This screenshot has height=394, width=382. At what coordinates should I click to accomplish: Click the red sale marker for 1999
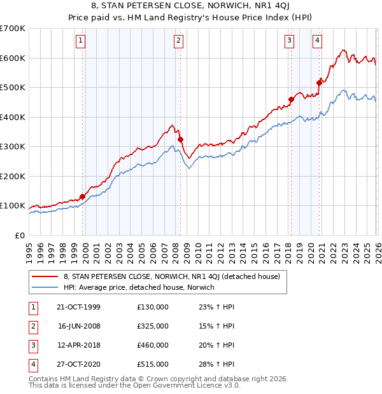coord(83,196)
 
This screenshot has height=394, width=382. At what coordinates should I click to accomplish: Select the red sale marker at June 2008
coord(180,139)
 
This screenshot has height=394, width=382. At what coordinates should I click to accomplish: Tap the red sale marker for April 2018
coord(291,99)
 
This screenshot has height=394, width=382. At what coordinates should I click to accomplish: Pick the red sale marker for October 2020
coord(320,81)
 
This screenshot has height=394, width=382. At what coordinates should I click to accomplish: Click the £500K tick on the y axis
coord(13,88)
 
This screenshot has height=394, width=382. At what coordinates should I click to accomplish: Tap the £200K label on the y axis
coord(13,176)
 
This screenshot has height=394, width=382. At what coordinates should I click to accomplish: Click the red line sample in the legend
coord(45,276)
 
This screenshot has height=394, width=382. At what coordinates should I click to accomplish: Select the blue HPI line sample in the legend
coord(45,287)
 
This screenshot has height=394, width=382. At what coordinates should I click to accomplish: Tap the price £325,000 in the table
coord(153,326)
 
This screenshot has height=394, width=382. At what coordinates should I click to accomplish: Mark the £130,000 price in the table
coord(153,307)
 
